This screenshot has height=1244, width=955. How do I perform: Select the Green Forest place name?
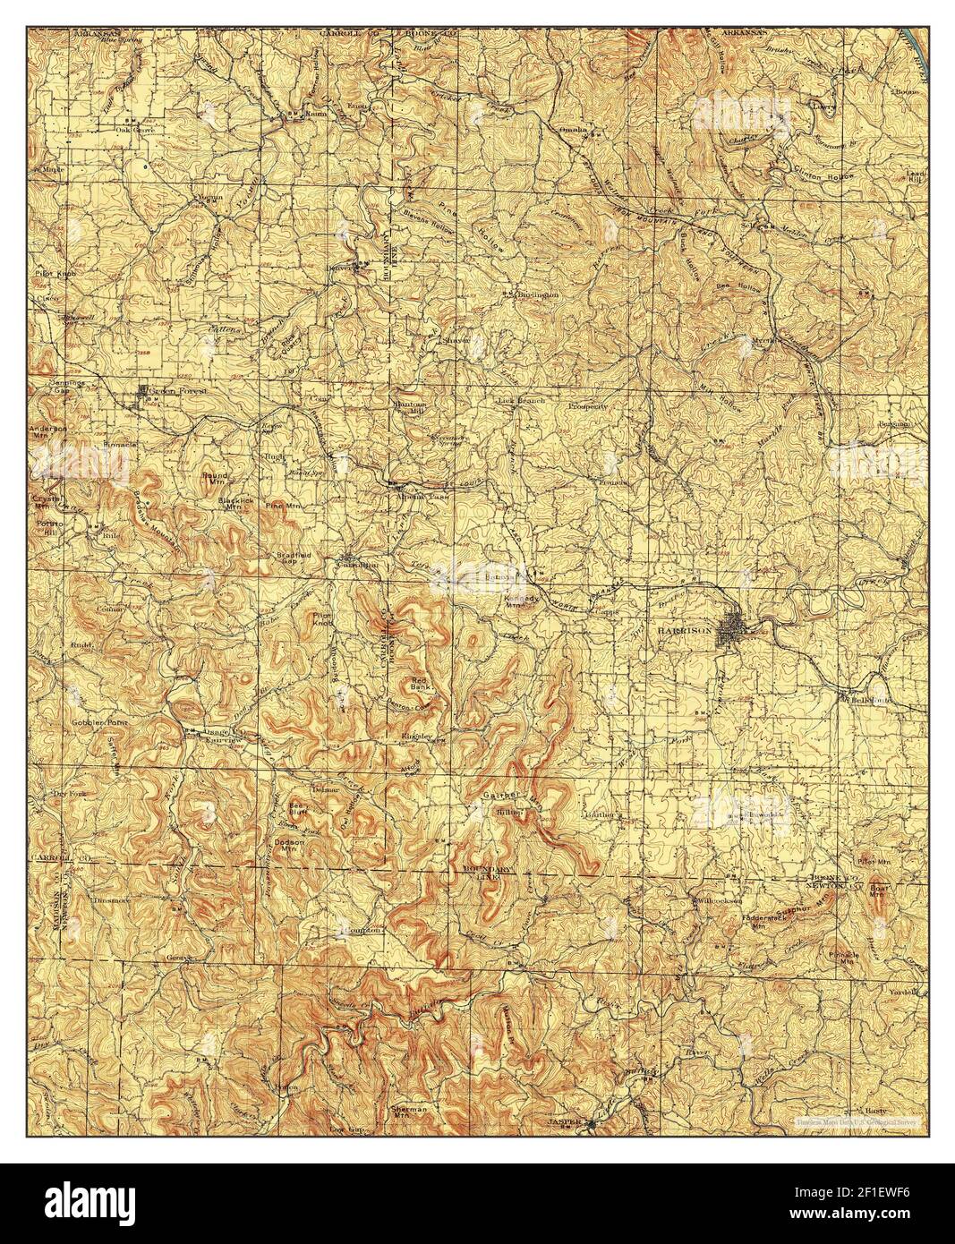coord(176,391)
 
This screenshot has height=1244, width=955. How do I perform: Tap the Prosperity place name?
coord(587,405)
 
